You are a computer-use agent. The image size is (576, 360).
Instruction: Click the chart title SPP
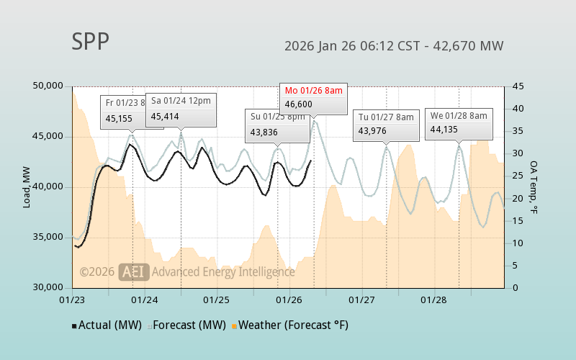point(90,42)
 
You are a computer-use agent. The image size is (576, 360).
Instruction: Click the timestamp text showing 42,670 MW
point(394,46)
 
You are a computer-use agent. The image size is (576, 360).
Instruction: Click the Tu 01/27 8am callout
point(386,124)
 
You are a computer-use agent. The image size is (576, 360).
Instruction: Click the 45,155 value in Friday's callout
point(120,119)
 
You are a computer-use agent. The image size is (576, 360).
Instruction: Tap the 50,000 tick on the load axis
point(49,86)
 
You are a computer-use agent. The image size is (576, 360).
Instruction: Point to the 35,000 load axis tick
point(49,237)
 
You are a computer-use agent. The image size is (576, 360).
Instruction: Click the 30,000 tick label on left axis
point(49,287)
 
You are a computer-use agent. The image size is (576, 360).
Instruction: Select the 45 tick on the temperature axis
point(518,86)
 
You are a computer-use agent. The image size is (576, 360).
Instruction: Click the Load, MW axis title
point(27,187)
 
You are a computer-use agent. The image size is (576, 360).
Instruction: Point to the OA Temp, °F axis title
point(534,187)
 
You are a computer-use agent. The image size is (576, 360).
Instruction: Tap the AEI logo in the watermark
point(134,272)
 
